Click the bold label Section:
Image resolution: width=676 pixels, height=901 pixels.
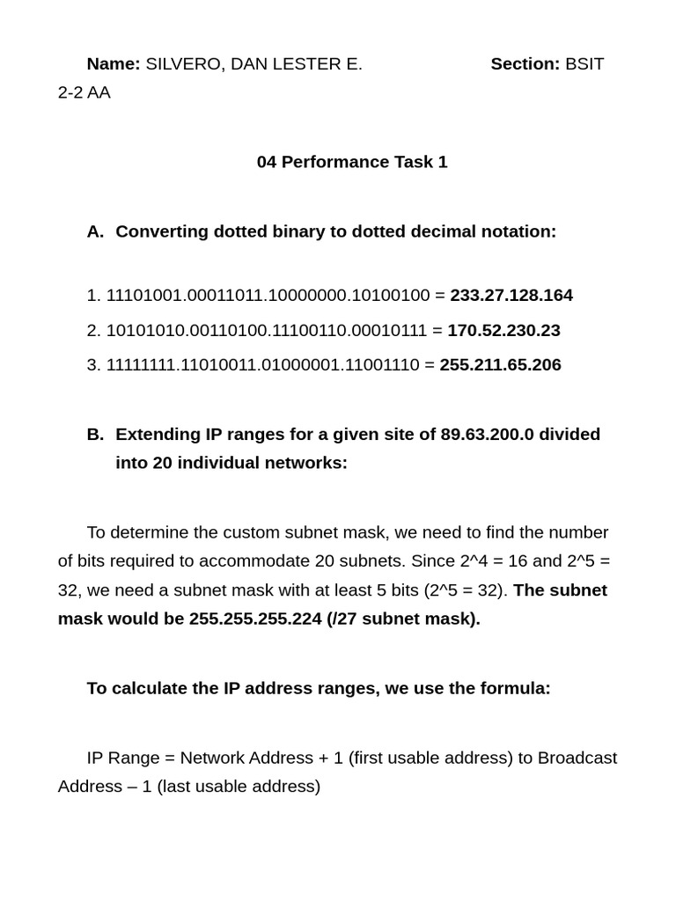tap(525, 63)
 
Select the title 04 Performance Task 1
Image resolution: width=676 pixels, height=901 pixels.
tap(352, 162)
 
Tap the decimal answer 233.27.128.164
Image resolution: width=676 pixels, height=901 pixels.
tap(511, 296)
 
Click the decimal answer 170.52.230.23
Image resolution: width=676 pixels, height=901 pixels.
tap(503, 331)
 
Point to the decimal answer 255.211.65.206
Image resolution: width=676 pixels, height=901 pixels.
tap(500, 365)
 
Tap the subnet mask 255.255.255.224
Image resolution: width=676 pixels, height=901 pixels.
tap(255, 619)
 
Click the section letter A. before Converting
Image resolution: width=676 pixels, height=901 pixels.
tap(96, 231)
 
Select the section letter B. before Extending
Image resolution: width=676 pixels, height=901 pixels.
tap(96, 435)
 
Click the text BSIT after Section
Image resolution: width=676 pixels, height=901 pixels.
tap(584, 63)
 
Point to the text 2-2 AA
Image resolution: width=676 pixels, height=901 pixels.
tap(84, 92)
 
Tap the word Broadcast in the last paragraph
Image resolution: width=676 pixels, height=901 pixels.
tap(577, 758)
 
